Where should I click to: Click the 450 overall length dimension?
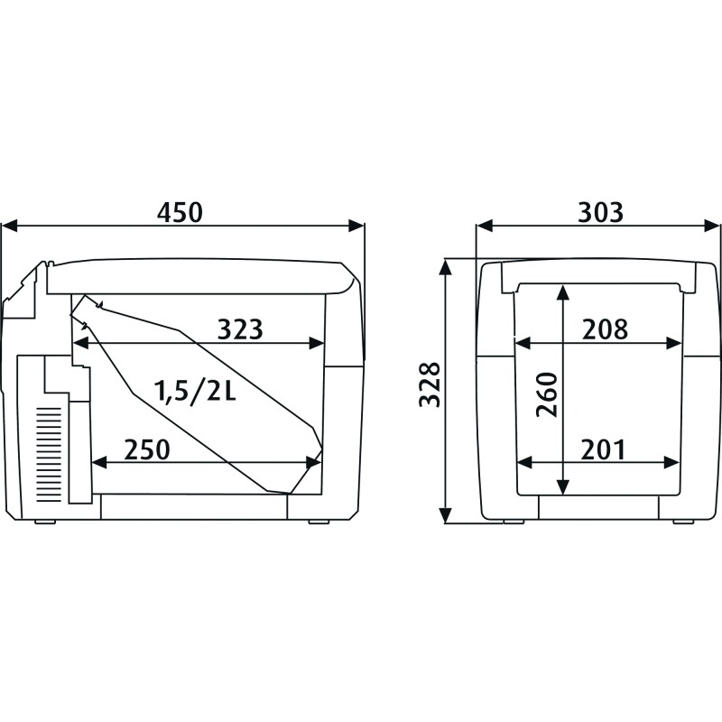tap(180, 212)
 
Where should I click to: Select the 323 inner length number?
tap(240, 329)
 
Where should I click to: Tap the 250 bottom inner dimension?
tap(147, 449)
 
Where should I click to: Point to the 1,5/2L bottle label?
tap(195, 391)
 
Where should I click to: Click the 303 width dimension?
tap(600, 212)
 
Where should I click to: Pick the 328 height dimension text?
tap(430, 384)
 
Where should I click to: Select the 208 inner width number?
tap(605, 329)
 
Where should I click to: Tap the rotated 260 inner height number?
tap(547, 394)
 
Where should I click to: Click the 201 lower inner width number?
tap(603, 449)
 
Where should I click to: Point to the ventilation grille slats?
tap(49, 455)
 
